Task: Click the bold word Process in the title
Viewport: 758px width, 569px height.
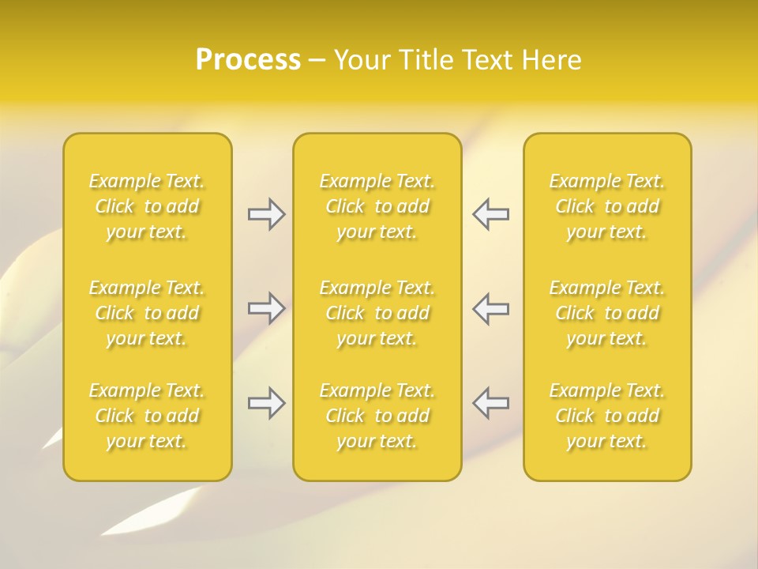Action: tap(248, 60)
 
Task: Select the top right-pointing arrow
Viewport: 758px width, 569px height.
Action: tap(266, 214)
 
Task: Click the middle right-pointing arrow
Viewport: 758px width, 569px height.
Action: tap(266, 308)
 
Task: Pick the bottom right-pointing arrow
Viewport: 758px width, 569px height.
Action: tap(266, 403)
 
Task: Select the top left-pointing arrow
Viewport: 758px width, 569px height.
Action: tap(490, 214)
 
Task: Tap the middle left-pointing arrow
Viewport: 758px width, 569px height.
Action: tap(490, 308)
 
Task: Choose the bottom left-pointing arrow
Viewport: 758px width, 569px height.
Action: tap(490, 403)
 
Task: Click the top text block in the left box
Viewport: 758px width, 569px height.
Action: tap(147, 206)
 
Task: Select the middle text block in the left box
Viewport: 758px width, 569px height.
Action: tap(147, 313)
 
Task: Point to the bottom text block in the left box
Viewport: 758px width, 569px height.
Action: tap(147, 416)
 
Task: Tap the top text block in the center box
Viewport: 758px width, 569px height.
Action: tap(377, 206)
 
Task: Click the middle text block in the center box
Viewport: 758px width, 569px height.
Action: tap(377, 313)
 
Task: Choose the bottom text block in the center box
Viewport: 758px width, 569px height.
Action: tap(377, 416)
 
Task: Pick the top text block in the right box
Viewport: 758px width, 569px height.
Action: tap(607, 206)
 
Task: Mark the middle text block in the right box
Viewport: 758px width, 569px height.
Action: tap(607, 313)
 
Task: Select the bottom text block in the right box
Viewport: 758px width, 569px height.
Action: tap(607, 416)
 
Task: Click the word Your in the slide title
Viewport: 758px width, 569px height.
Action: tap(360, 60)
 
